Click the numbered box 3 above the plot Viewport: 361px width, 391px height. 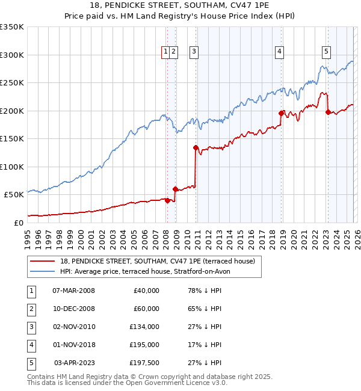tap(194, 52)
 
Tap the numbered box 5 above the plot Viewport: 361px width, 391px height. tap(326, 52)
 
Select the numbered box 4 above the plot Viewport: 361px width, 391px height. tap(280, 52)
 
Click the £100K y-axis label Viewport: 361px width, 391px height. tap(12, 167)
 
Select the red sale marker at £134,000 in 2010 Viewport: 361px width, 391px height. tap(196, 147)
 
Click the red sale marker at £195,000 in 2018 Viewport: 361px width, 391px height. tap(281, 113)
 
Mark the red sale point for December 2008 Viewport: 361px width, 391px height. tap(175, 189)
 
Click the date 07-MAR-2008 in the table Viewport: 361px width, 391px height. tap(73, 291)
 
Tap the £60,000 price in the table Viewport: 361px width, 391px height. tap(146, 309)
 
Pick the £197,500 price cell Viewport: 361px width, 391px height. tap(144, 363)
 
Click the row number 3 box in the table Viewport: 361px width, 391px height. tap(31, 327)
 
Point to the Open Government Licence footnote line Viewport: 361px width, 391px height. tap(128, 383)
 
